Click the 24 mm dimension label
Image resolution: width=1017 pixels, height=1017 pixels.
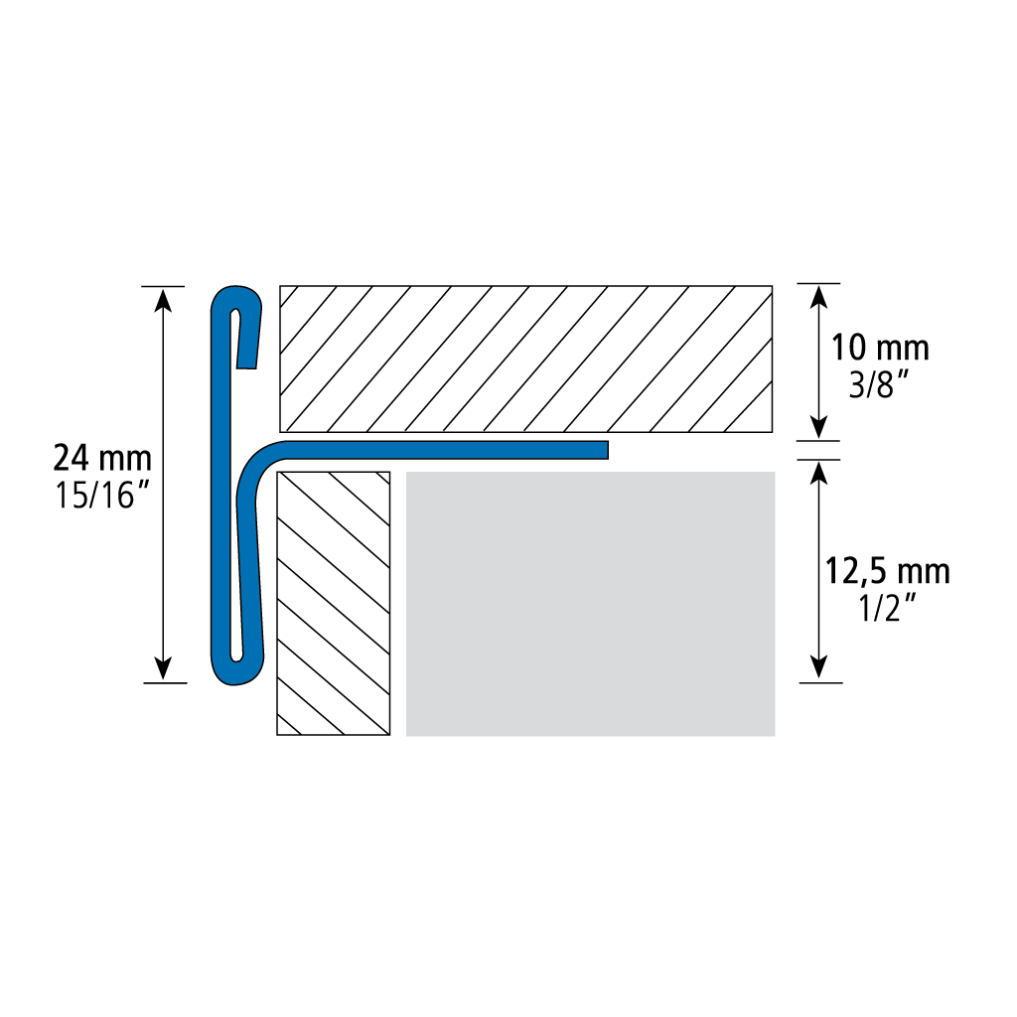(x=102, y=458)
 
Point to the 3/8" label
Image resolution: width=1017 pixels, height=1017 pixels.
(x=880, y=385)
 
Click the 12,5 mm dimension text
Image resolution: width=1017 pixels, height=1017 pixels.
(x=887, y=571)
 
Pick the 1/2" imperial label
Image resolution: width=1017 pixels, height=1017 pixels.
(x=886, y=609)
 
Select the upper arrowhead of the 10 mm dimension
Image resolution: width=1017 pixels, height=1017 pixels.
(x=819, y=296)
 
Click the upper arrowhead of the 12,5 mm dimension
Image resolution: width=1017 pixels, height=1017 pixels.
(x=819, y=473)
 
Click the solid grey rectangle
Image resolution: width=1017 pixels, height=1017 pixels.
(x=590, y=604)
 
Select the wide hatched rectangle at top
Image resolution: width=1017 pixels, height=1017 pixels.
(x=526, y=359)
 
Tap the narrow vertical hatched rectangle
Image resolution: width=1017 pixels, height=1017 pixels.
(x=334, y=603)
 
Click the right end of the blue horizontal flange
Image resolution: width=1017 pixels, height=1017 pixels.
(x=607, y=450)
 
